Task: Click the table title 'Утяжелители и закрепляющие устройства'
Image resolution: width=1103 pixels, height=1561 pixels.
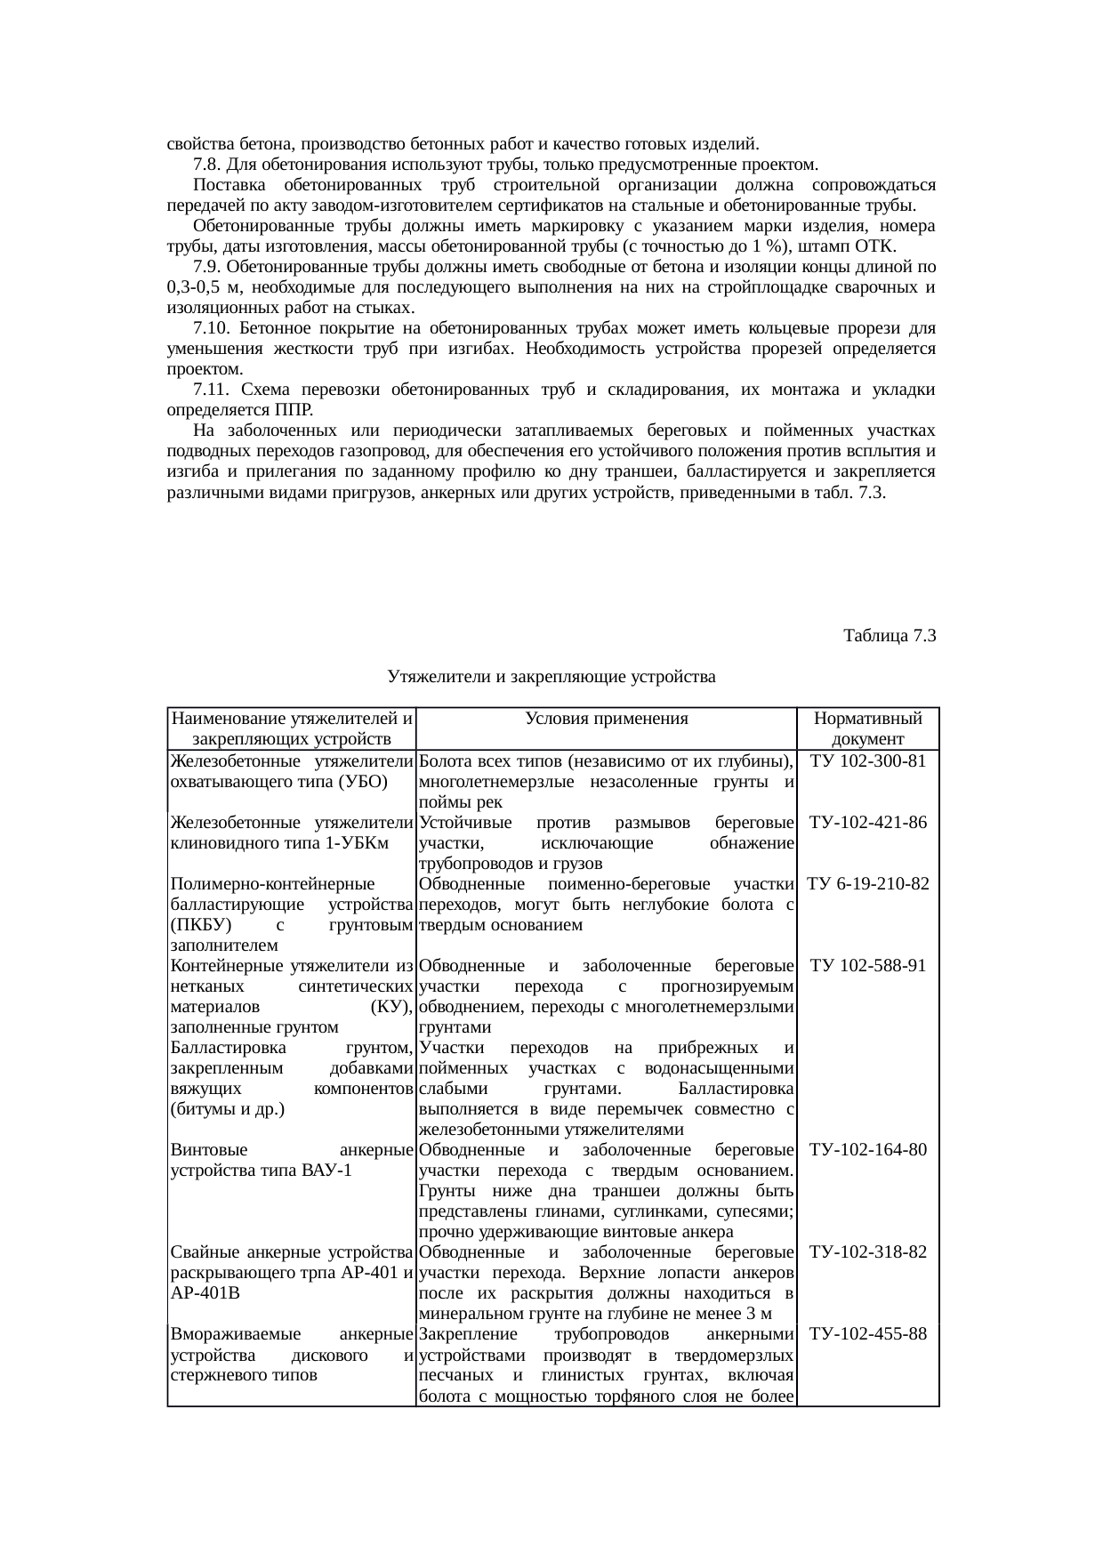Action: pos(551,677)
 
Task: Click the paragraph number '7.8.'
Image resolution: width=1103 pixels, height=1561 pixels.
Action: pos(207,165)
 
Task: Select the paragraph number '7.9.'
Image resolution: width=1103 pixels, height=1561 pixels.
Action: pos(207,267)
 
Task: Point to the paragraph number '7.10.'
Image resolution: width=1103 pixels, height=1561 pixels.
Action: pos(212,328)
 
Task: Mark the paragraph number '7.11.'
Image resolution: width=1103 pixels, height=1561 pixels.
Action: pos(212,390)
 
